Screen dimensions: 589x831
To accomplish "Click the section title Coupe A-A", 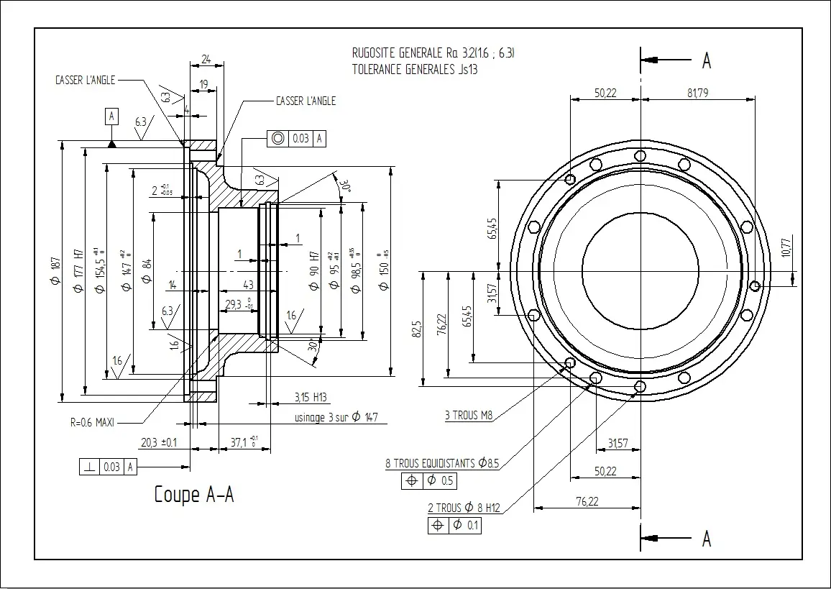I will [194, 495].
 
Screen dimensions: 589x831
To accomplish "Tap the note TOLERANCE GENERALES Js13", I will [415, 70].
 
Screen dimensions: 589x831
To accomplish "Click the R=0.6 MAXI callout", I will [92, 422].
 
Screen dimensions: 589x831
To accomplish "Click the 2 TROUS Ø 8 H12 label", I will [464, 508].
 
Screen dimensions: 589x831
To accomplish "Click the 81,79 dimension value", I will [697, 93].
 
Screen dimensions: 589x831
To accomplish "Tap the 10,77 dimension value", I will [786, 247].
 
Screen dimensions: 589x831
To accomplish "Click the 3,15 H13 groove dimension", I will [311, 397].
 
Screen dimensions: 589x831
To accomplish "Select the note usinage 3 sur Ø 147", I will [336, 417].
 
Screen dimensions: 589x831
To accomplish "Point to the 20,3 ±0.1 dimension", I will [159, 442].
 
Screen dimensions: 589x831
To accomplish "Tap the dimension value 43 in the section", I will [249, 286].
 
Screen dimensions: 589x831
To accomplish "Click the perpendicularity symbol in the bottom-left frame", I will [89, 467].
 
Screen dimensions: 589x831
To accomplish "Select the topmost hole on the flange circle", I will [640, 155].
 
